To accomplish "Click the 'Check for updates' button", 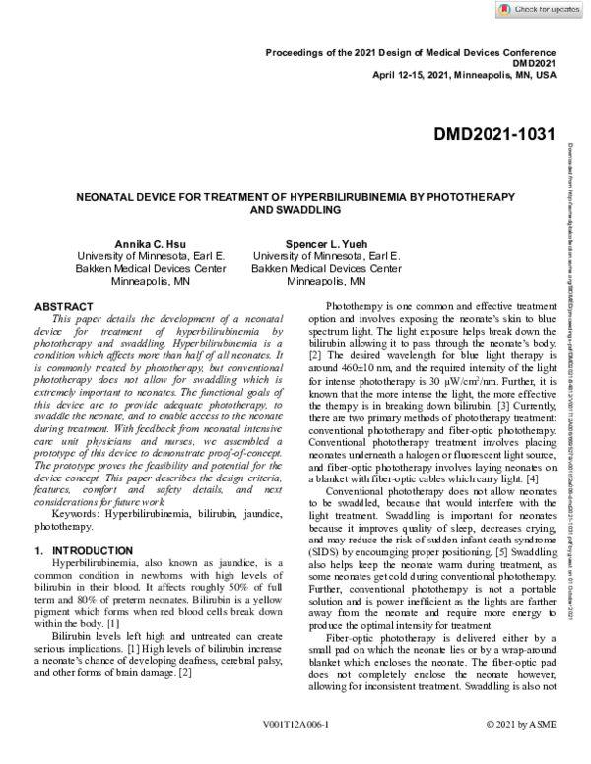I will [x=540, y=10].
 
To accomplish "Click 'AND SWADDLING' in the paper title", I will [x=295, y=210].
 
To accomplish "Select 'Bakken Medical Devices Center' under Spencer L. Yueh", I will [x=325, y=268].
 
